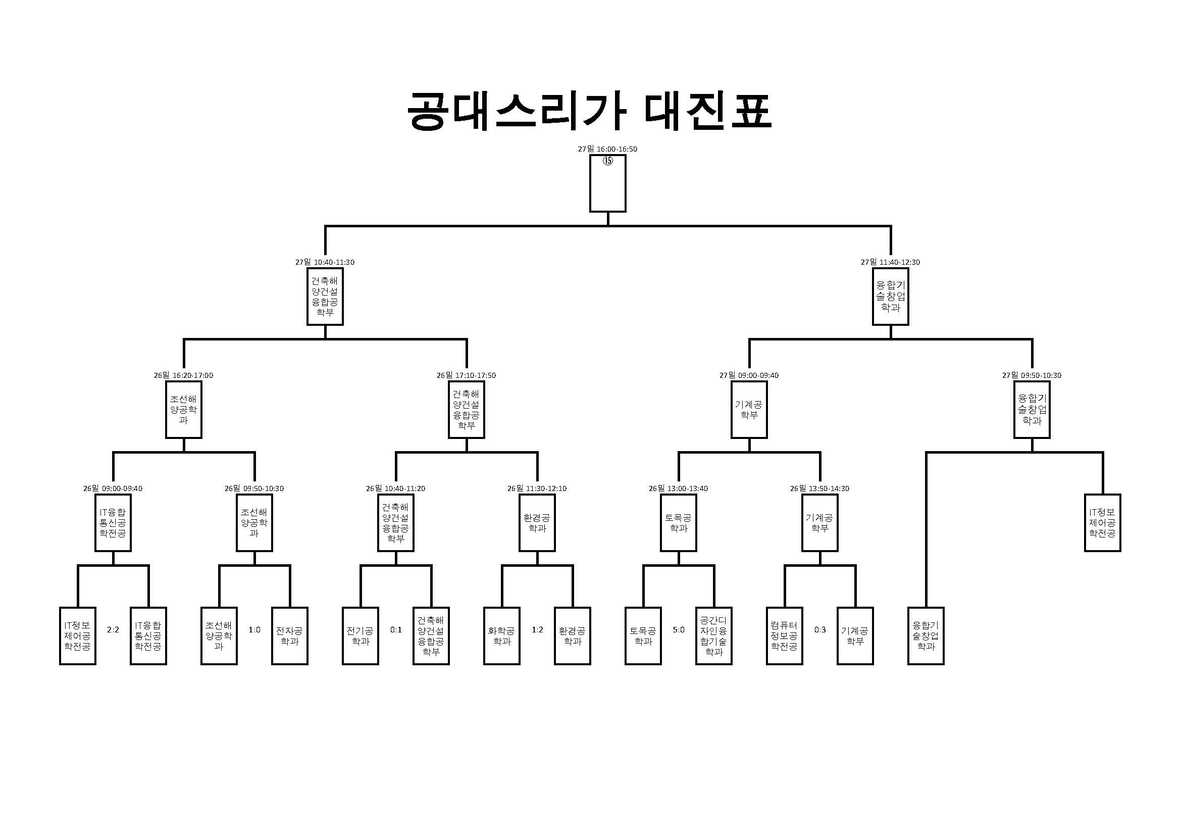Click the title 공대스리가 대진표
click(x=589, y=111)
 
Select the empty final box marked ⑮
click(x=607, y=184)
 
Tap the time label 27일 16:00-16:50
click(x=607, y=149)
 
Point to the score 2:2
click(x=113, y=630)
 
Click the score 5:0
click(x=679, y=630)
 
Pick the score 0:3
click(x=820, y=630)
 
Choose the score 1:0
click(x=254, y=630)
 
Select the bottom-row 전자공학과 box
click(x=290, y=636)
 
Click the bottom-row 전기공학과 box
click(x=361, y=636)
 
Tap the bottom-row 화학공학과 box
click(x=502, y=636)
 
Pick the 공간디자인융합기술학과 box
click(x=714, y=636)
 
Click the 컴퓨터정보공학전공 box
click(x=785, y=636)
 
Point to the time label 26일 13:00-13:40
click(x=678, y=489)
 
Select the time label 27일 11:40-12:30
click(x=890, y=262)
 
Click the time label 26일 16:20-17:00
click(x=183, y=375)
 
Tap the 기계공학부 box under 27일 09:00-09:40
click(x=749, y=410)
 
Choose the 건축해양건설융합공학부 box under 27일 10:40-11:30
click(x=325, y=297)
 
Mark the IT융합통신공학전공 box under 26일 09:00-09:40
click(x=113, y=523)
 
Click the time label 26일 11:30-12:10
click(x=537, y=489)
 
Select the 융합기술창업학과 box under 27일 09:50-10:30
click(x=1032, y=410)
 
